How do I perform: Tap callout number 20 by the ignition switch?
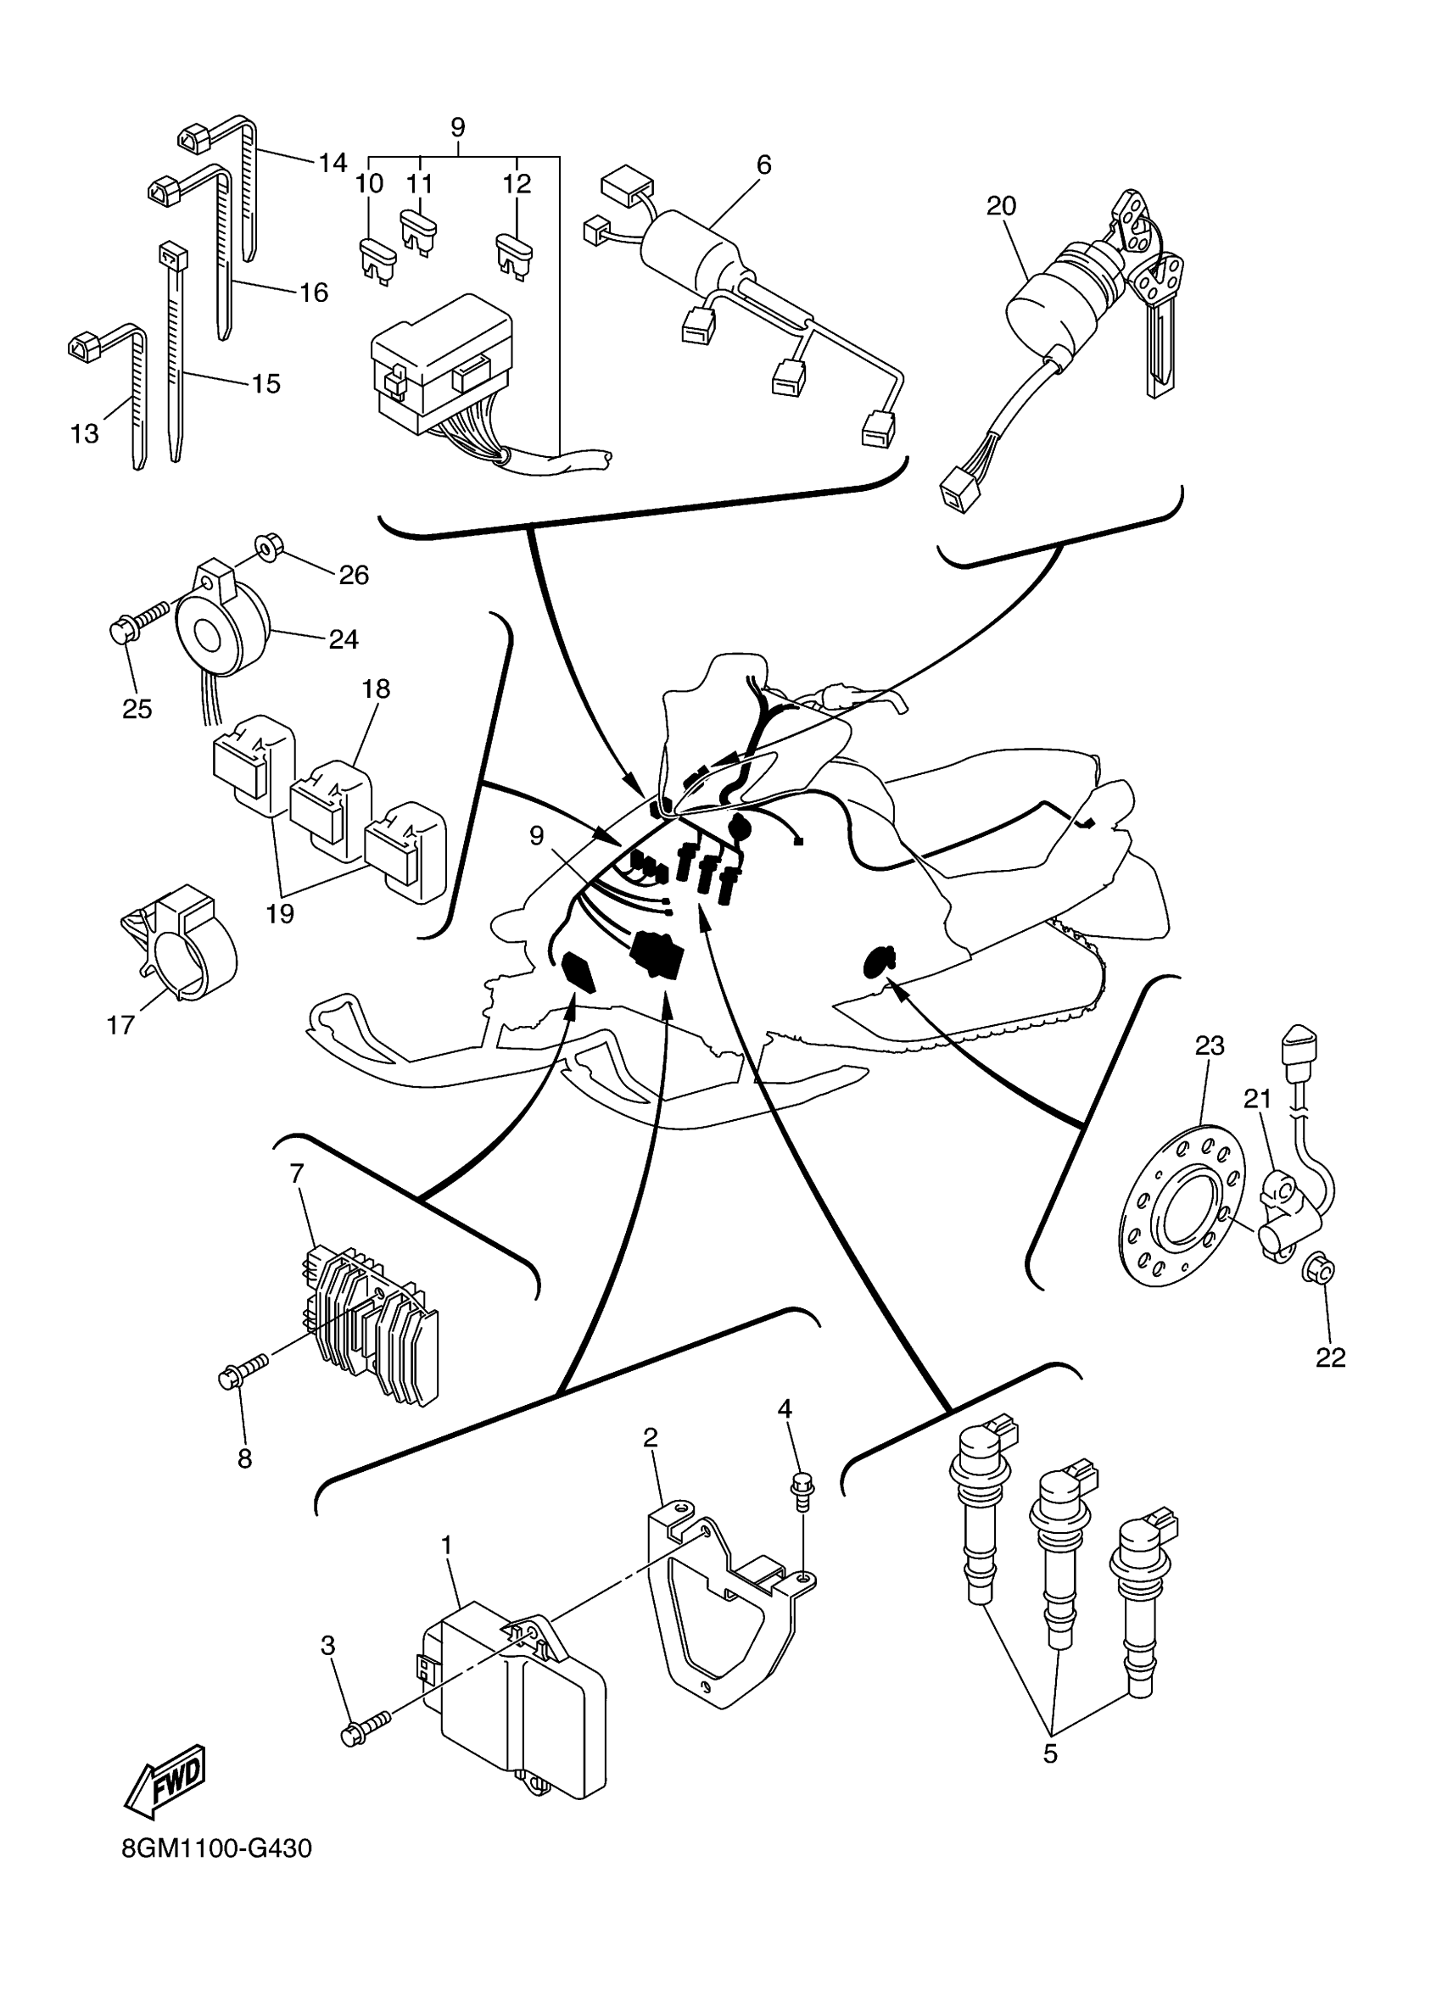tap(1001, 206)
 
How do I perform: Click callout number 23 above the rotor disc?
tap(1210, 1046)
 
